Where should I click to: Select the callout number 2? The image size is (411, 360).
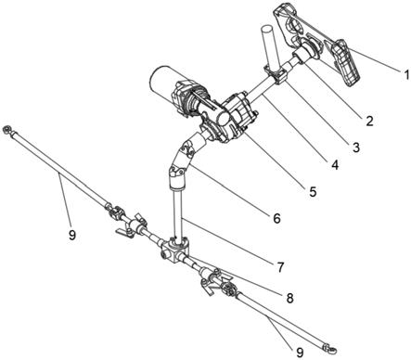pos(369,121)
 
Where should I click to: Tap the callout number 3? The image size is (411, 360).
pos(356,148)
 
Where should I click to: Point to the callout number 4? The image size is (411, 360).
pos(334,165)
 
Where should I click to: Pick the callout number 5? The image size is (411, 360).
pos(313,192)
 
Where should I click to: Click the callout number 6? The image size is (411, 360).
pos(276,218)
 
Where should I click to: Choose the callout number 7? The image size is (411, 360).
pos(280,267)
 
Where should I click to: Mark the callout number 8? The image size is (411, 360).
pos(289,299)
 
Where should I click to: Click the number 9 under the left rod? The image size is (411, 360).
pos(71,236)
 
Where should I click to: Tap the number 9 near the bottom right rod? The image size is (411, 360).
pos(300,353)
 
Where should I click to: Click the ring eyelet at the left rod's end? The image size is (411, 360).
pos(6,129)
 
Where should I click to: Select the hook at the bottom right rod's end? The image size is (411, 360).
pos(331,350)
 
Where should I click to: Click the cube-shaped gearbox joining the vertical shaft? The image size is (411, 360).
pos(174,250)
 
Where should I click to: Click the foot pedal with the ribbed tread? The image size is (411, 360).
pos(345,63)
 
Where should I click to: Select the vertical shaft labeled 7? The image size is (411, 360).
pos(177,213)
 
